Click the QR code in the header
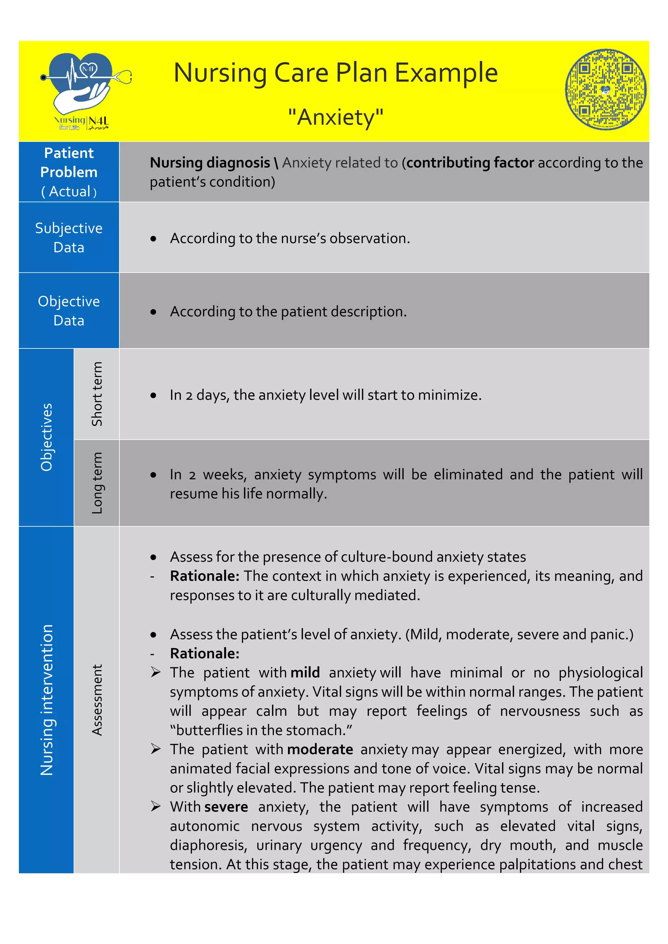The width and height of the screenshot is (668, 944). click(x=605, y=89)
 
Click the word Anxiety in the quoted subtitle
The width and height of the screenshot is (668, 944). click(x=336, y=117)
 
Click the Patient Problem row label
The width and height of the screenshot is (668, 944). click(x=69, y=171)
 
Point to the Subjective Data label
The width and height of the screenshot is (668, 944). click(x=69, y=237)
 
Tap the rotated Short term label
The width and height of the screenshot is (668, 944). click(x=97, y=393)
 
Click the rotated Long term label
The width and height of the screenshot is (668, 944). click(x=97, y=483)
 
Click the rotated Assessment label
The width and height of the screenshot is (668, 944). click(x=97, y=700)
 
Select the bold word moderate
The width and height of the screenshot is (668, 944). click(x=320, y=749)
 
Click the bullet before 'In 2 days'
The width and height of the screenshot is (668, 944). click(x=153, y=395)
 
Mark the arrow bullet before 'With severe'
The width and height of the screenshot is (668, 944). click(x=156, y=806)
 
